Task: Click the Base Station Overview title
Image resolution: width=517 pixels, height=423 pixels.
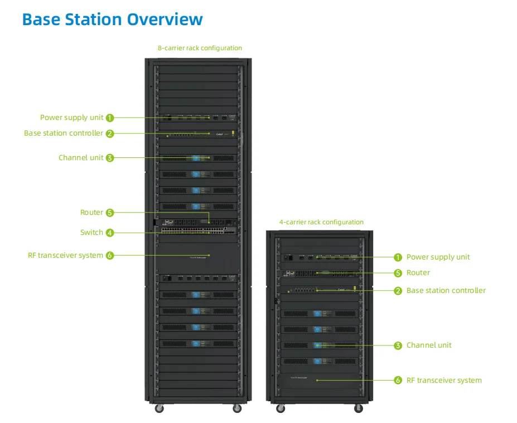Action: point(112,20)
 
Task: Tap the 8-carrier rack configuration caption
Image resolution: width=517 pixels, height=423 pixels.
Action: point(200,48)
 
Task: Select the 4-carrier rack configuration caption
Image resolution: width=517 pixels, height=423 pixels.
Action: point(321,222)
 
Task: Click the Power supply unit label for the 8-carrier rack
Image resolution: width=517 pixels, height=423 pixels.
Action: point(71,118)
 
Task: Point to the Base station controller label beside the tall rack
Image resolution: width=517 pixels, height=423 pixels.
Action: point(64,133)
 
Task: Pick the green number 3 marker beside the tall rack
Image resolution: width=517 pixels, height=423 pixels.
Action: point(110,158)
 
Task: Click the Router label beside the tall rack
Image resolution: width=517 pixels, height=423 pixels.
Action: point(91,213)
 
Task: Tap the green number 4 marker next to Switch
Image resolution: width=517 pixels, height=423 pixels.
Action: point(110,233)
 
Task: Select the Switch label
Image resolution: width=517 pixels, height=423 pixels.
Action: point(91,233)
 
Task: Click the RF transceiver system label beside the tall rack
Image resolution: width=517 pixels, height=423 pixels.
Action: point(65,256)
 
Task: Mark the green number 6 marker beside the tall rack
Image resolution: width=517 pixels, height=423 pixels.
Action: point(110,256)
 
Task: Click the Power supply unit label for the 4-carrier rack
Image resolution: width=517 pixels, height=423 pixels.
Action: point(438,257)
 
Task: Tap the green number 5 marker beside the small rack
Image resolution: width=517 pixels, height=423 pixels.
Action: point(398,273)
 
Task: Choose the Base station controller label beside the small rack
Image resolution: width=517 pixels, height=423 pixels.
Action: point(446,291)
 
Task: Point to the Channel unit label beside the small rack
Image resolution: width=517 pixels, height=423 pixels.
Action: point(429,345)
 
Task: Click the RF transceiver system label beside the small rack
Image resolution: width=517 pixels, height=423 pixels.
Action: point(444,381)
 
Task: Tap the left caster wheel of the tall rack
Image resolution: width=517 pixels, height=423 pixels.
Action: point(159,408)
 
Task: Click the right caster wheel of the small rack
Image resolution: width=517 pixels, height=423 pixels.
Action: point(358,408)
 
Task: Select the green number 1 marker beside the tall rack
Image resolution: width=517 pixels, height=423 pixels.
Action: point(110,118)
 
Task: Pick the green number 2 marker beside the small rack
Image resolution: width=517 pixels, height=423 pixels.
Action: point(398,291)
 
